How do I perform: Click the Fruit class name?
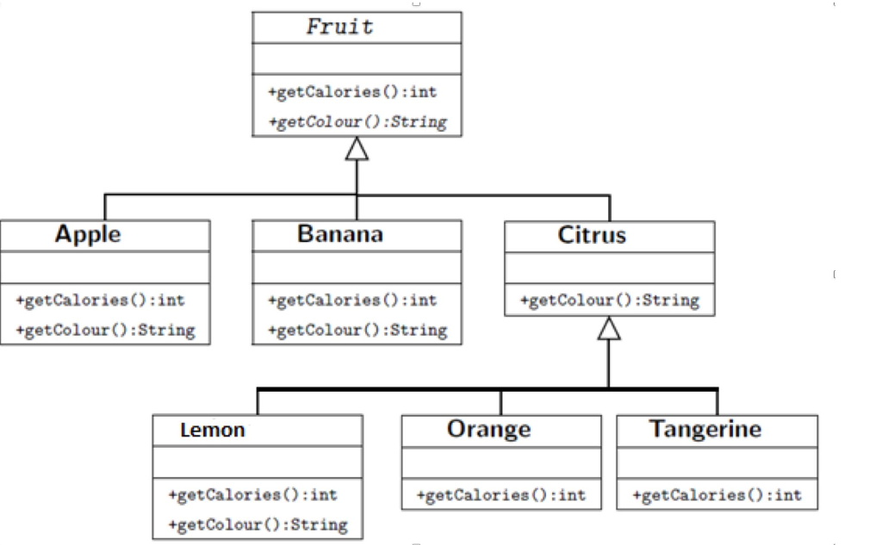[x=339, y=27]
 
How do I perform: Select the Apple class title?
[x=88, y=234]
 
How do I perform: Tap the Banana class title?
[x=340, y=234]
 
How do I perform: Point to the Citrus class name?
[x=592, y=235]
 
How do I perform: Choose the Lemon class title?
[x=213, y=430]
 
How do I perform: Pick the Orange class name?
[x=489, y=429]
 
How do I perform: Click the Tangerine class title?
[x=705, y=429]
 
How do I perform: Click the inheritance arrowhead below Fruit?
[x=357, y=149]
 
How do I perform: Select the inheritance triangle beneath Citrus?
[x=609, y=328]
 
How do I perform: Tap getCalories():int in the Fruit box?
[x=352, y=92]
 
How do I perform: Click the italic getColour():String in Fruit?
[x=357, y=122]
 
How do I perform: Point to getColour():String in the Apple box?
[x=105, y=330]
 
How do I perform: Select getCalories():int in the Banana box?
[x=352, y=300]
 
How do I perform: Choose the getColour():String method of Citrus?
[x=610, y=300]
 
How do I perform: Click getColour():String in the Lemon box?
[x=258, y=524]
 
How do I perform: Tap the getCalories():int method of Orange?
[x=501, y=496]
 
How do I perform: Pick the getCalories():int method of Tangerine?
[x=717, y=496]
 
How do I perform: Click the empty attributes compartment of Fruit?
[x=357, y=59]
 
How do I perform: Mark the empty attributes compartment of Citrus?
[x=610, y=268]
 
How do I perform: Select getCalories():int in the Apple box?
[x=100, y=300]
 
